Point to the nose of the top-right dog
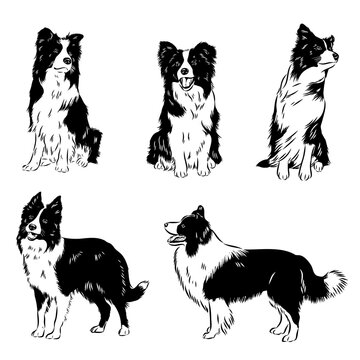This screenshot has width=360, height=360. pos(333,57)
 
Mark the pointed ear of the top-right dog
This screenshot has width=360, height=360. pos(302,33)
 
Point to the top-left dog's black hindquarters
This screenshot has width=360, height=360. pos(90,140)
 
